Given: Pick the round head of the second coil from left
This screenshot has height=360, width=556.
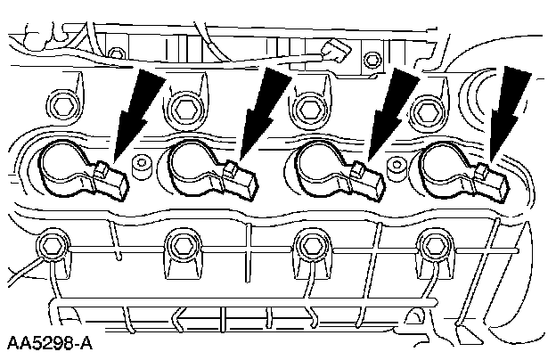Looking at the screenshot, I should tap(191, 166).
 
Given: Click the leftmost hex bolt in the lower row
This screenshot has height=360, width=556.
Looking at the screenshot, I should tap(50, 243).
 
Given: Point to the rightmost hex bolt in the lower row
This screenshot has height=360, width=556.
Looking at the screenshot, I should tap(435, 242).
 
